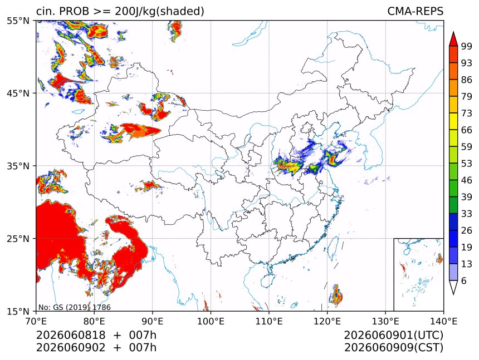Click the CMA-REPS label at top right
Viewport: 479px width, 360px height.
click(x=415, y=11)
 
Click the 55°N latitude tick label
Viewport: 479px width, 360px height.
click(x=18, y=21)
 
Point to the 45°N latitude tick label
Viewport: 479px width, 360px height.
click(x=18, y=93)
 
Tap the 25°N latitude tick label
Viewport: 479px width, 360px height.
click(x=18, y=238)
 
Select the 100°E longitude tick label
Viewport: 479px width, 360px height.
click(x=210, y=321)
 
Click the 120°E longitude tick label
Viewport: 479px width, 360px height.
click(x=327, y=321)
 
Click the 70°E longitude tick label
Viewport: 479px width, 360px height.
click(x=36, y=321)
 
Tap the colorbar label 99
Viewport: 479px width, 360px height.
click(x=467, y=46)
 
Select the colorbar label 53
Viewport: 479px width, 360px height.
click(x=467, y=164)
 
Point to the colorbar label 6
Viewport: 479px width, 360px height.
click(x=464, y=280)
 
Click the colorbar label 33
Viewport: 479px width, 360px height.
click(x=467, y=214)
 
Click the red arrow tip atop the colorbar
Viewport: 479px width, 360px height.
click(x=453, y=32)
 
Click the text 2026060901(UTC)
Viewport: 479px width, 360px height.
click(x=393, y=335)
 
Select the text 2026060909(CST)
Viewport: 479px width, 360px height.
click(x=393, y=348)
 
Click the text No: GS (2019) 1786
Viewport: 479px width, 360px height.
click(x=75, y=307)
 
